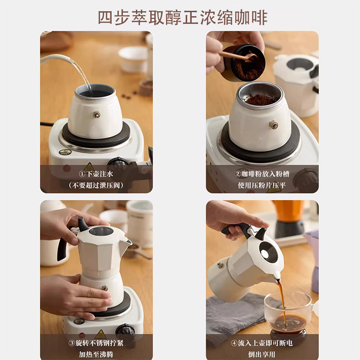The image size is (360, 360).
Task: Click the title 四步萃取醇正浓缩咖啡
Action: pos(183,18)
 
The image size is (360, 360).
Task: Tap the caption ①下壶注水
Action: pos(96,174)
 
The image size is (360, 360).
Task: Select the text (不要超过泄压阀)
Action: pos(96,185)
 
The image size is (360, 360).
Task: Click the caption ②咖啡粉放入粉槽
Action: pos(262,174)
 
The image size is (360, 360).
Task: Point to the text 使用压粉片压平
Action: pos(262,185)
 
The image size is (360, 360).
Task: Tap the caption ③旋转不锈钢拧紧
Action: pos(96,343)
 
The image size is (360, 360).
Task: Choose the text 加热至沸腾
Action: pos(96,354)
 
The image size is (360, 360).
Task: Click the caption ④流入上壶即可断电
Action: pos(262,343)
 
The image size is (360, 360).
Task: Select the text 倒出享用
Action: pos(262,354)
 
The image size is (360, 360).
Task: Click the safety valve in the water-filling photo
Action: pos(97,115)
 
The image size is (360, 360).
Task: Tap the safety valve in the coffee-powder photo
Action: pos(274,125)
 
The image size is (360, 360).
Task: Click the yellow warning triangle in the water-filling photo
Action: pos(89,167)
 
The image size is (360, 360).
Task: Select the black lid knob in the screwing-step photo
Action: pos(82,224)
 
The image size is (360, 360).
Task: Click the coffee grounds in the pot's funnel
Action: pos(260,99)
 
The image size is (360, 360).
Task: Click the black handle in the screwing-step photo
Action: pos(62,249)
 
